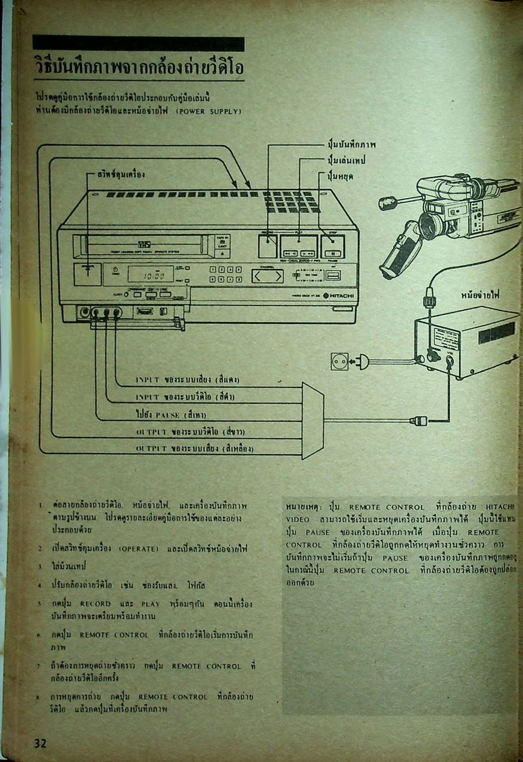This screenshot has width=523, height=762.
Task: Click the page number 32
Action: click(40, 744)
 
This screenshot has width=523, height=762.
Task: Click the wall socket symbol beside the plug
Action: click(339, 361)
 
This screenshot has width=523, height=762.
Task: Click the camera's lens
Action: click(430, 225)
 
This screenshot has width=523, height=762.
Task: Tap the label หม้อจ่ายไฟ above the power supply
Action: click(480, 295)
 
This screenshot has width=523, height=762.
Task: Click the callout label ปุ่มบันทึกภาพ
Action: click(351, 145)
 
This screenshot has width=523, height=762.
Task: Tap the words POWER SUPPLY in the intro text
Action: click(208, 111)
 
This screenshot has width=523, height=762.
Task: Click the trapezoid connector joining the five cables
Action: click(312, 420)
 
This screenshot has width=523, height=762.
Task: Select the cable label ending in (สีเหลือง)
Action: click(194, 448)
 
